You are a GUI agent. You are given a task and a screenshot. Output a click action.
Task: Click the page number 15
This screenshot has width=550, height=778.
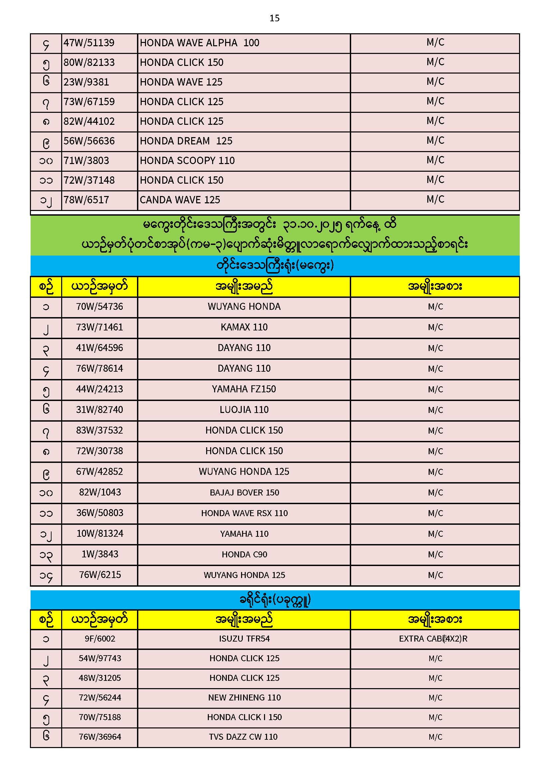point(274,18)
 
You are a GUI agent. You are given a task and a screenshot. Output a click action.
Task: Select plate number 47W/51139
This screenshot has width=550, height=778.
point(89,43)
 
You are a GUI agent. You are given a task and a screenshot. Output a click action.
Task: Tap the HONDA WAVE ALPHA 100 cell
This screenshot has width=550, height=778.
point(200,43)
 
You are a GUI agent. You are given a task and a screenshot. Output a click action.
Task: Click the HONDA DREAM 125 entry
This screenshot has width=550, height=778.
point(186,141)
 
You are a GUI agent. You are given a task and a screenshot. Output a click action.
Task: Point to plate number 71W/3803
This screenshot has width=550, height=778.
point(86,161)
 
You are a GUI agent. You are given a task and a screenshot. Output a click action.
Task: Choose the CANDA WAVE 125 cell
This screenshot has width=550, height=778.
point(180,200)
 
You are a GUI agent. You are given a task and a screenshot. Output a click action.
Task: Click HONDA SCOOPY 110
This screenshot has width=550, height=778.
point(187,161)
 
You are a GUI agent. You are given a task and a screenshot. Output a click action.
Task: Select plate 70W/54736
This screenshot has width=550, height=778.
point(99,307)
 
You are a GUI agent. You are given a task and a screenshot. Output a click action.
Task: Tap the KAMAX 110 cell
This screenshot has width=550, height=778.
point(244,327)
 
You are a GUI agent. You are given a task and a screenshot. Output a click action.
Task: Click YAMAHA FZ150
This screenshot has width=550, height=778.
point(244,389)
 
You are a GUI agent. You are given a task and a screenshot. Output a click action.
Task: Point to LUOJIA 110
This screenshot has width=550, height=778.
point(244,410)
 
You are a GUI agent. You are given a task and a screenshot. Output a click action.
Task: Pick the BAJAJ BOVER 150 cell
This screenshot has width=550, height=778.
point(244,492)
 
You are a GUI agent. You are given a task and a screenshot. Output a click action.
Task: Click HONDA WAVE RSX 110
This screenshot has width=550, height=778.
point(244,513)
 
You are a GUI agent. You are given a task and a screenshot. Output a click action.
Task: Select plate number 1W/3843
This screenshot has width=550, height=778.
point(100,554)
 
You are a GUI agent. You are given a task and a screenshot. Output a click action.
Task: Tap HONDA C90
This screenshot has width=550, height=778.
point(244,554)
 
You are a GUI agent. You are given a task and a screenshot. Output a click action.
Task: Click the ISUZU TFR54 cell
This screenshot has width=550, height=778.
point(244,639)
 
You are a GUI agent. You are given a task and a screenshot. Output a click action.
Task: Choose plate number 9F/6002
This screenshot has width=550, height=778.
point(100,639)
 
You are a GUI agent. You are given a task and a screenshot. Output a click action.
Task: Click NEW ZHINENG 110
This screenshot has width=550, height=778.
point(244,697)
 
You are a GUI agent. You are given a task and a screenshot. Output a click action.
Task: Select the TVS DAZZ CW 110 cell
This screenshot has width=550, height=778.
point(243,737)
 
